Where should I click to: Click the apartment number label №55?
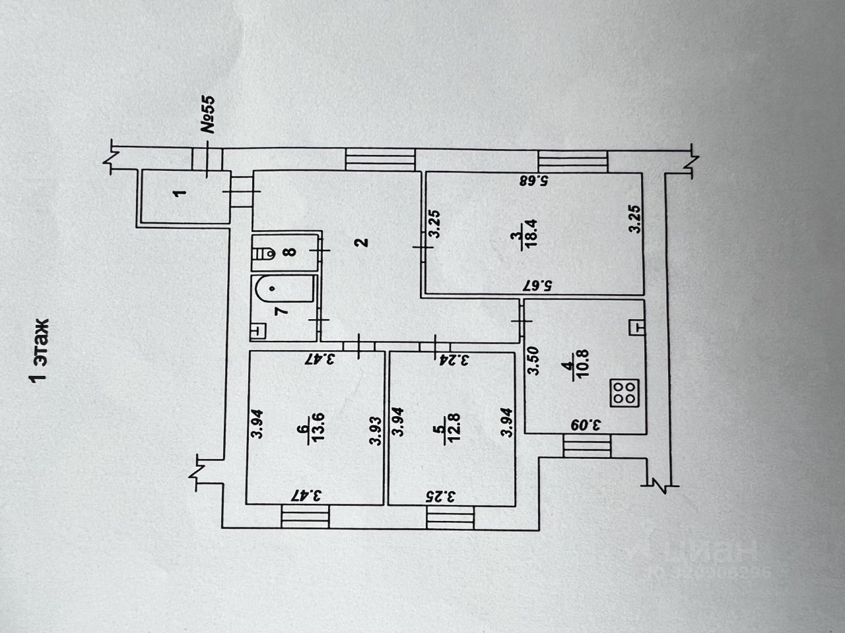(209, 115)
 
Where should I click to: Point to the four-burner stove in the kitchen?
(623, 393)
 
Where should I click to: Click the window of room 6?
(305, 516)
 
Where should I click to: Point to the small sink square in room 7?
(259, 330)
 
